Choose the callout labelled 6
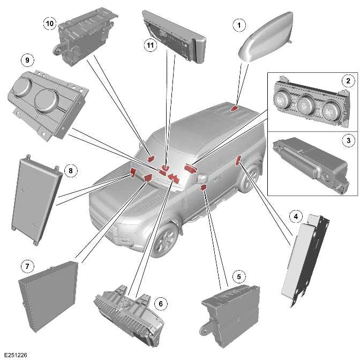tap(159, 303)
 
